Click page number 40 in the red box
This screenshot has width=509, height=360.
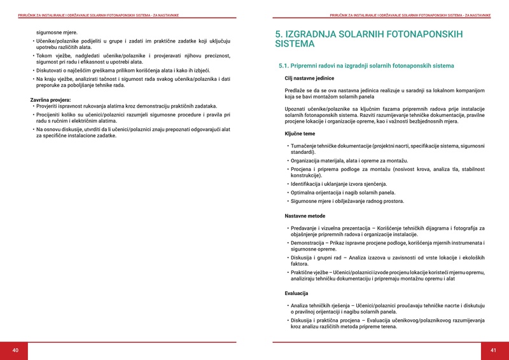(15, 350)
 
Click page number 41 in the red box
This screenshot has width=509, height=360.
(493, 350)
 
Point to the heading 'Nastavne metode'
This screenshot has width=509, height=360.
(304, 216)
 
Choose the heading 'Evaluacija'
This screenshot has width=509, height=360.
(296, 293)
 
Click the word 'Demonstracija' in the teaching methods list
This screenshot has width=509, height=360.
(307, 243)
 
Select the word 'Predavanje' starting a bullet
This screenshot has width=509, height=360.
(305, 228)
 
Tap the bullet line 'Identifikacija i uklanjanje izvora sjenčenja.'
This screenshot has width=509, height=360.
(338, 184)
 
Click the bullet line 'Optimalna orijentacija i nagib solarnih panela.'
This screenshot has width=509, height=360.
(343, 192)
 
